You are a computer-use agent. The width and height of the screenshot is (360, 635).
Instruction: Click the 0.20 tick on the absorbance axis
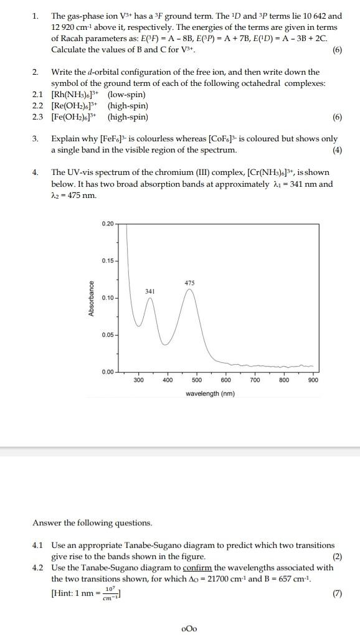tap(107, 223)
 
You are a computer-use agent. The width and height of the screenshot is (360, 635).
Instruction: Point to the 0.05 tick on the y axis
tap(107, 335)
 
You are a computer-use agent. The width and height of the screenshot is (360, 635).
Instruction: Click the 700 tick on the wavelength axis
tap(255, 380)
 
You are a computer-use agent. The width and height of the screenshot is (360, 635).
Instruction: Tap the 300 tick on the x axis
tap(138, 380)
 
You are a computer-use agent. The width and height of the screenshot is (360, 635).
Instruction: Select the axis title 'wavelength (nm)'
tap(210, 393)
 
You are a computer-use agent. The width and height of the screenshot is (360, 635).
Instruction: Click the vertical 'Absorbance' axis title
tap(92, 298)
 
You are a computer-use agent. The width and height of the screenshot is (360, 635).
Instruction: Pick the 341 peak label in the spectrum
tap(149, 291)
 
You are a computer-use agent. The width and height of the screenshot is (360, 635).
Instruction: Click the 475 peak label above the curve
tap(190, 283)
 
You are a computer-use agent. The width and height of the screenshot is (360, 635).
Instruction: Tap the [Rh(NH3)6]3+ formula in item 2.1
tap(77, 95)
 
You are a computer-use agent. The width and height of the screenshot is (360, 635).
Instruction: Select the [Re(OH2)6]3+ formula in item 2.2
tap(77, 106)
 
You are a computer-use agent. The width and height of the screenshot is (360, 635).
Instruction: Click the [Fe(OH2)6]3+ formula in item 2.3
tap(77, 117)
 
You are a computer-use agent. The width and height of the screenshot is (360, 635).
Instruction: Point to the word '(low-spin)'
tap(127, 95)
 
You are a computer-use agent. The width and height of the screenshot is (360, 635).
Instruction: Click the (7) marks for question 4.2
tap(337, 593)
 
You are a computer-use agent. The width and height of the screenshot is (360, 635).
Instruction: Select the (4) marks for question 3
tap(337, 150)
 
